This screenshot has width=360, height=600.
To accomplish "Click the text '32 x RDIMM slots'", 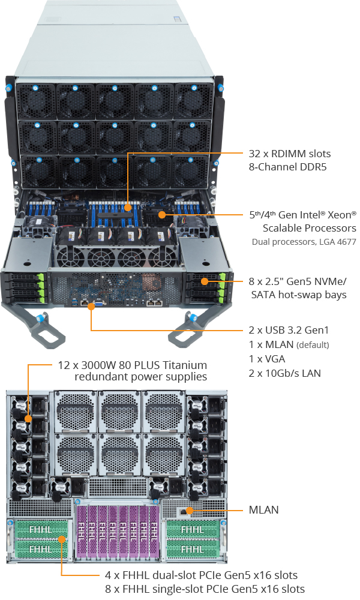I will point(290,154).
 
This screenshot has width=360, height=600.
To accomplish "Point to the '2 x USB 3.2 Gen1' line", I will point(289,330).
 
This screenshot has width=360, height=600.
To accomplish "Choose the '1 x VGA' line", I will point(267,359).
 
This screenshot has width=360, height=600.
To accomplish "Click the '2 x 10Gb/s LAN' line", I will point(284,373).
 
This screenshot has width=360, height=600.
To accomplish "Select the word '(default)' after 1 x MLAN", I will point(312,345).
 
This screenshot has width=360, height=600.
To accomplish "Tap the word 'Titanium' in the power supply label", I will point(181,365).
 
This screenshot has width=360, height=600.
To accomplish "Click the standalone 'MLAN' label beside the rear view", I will point(263,511).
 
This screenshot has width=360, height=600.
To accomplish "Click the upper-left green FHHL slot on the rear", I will point(40,530).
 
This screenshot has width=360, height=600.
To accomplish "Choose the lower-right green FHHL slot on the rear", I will point(192,549).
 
